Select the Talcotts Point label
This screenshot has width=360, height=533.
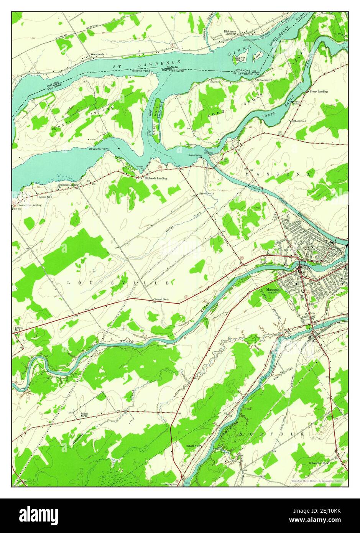[140, 71]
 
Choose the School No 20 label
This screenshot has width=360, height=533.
[84, 415]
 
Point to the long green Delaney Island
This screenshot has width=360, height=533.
[155, 115]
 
